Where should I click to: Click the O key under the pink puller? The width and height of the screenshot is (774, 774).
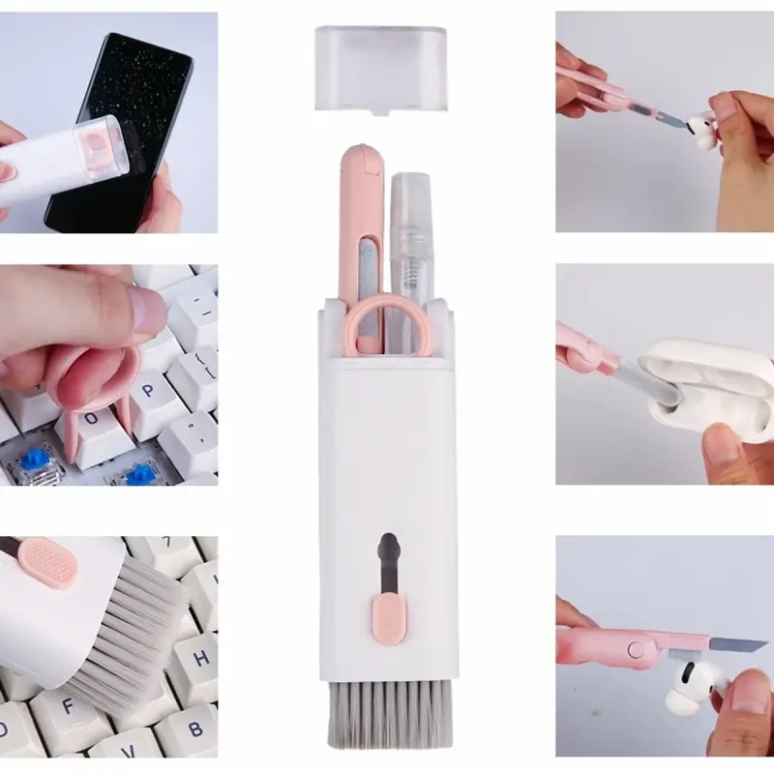(x=92, y=427)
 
